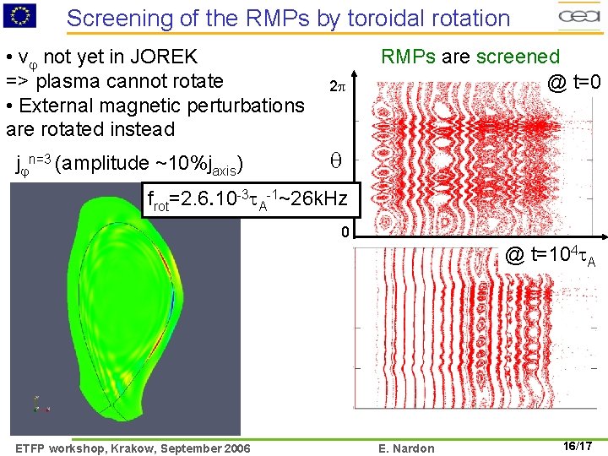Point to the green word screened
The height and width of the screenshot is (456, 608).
coord(518,57)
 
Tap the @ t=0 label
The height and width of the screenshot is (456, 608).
coord(573,82)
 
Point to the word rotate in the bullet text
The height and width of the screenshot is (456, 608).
coord(196,82)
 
